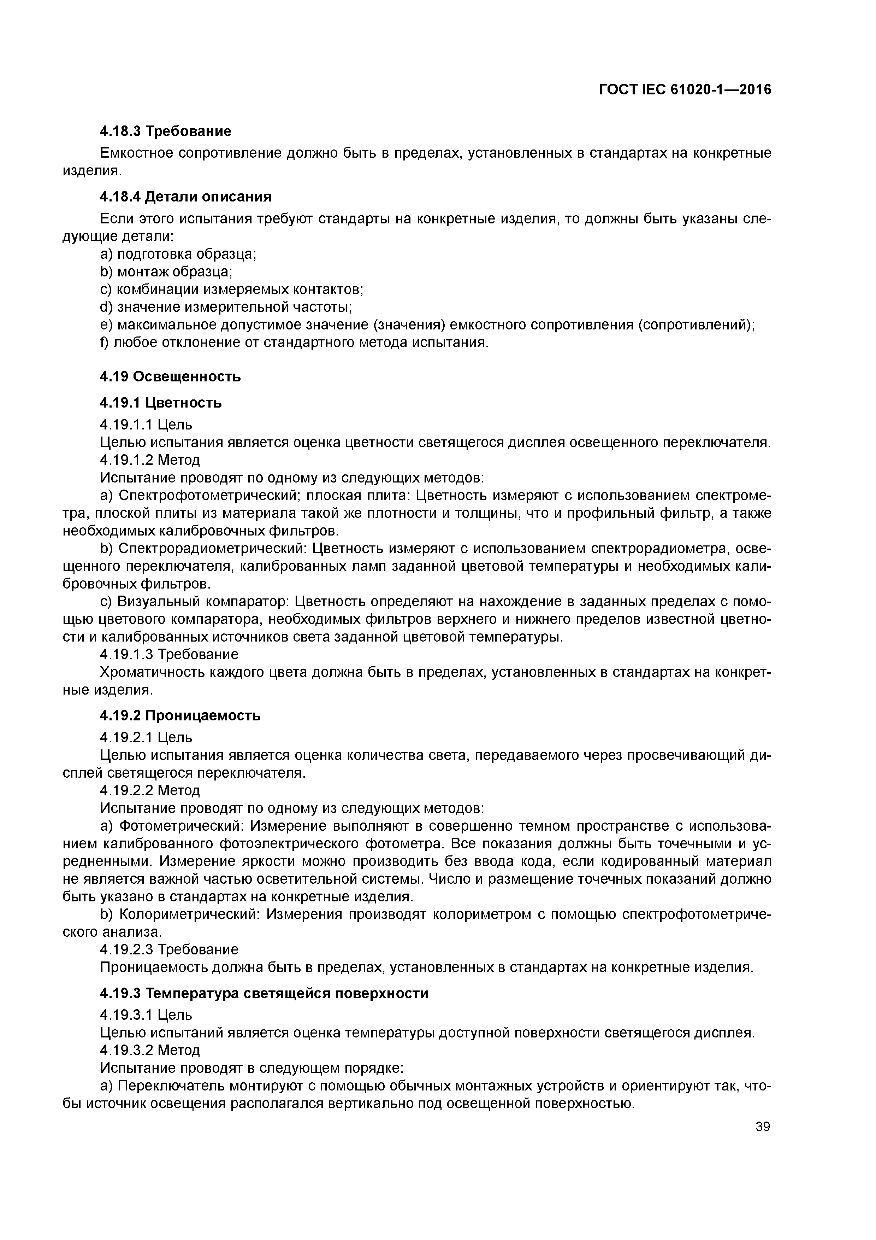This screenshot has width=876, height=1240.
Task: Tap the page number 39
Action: coord(762,1127)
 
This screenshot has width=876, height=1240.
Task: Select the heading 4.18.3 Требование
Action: coord(166,131)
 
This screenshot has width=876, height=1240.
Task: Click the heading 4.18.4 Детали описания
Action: coord(186,197)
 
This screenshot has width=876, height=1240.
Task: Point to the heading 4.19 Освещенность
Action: coord(171,376)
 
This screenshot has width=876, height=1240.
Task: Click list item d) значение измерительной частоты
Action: coord(226,307)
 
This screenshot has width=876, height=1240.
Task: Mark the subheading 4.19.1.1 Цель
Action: coord(146,425)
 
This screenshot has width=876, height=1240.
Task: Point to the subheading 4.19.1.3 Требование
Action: coord(169,655)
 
